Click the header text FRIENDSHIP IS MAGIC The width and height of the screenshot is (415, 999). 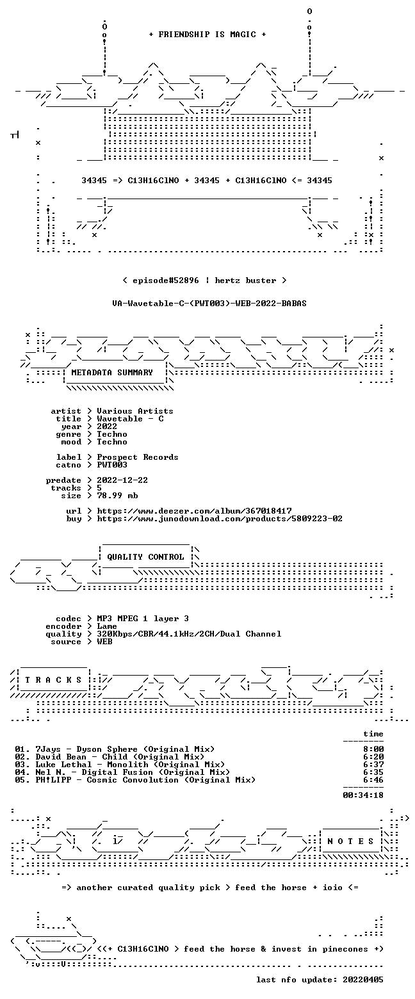click(x=207, y=35)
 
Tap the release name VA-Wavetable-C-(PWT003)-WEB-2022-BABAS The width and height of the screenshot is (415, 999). click(x=209, y=304)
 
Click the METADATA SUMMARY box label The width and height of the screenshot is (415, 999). click(x=112, y=373)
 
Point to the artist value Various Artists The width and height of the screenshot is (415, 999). click(x=134, y=411)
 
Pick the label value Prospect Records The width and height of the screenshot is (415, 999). click(x=138, y=457)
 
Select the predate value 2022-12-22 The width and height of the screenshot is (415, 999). click(x=122, y=480)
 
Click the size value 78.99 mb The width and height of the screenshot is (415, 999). click(x=117, y=496)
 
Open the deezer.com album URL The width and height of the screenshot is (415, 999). click(x=194, y=511)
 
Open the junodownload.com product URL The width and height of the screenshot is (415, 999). click(x=220, y=519)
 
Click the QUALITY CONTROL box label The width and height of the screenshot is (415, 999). click(x=145, y=557)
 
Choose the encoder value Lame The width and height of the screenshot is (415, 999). click(x=107, y=626)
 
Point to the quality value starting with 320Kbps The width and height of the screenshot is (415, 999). click(x=189, y=634)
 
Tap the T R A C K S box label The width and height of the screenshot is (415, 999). click(x=53, y=680)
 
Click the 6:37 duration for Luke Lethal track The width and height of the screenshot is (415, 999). click(x=373, y=765)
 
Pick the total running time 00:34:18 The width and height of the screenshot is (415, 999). click(x=362, y=795)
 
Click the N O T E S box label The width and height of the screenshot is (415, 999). click(x=350, y=841)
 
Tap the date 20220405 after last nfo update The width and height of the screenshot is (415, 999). click(x=362, y=980)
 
